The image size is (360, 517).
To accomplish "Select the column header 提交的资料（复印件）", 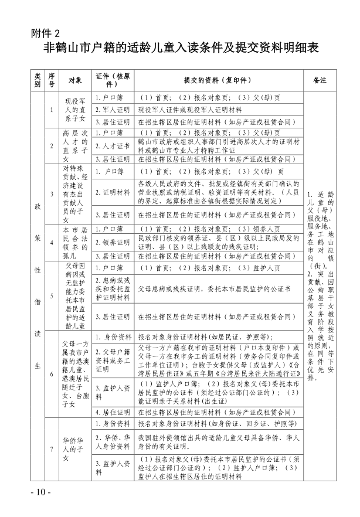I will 219,79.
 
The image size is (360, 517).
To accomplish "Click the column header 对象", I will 75,79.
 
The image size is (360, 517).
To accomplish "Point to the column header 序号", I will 52,79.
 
